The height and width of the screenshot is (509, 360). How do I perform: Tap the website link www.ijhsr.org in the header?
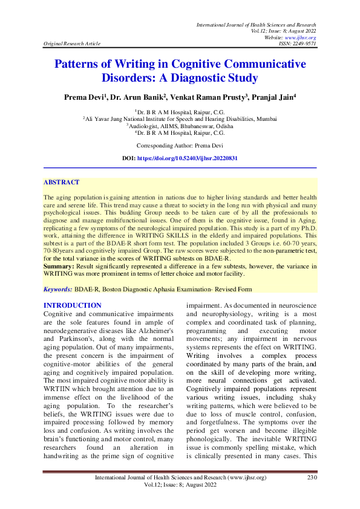coord(306,37)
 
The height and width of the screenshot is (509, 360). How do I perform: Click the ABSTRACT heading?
coord(61,182)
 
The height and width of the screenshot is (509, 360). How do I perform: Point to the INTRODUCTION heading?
coord(73,305)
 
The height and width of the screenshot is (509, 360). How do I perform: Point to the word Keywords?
coord(58,290)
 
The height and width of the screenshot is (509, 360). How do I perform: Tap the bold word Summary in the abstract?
coord(59,265)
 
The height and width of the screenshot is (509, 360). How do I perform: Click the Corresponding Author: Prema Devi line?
coord(180,146)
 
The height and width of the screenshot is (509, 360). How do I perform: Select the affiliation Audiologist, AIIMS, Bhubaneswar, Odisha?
coord(180,126)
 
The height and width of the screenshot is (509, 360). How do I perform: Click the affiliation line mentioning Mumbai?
coord(180,119)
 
